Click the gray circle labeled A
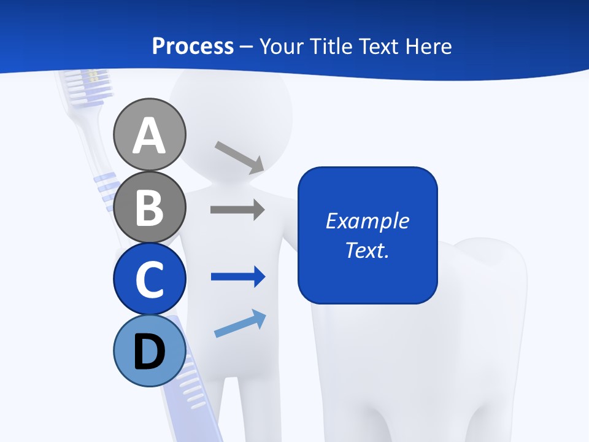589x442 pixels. click(149, 134)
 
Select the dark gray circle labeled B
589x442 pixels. click(149, 207)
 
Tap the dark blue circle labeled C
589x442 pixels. click(149, 279)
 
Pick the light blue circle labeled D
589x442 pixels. click(149, 351)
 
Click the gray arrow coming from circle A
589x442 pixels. click(239, 157)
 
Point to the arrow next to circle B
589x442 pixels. click(237, 210)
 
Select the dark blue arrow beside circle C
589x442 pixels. click(238, 277)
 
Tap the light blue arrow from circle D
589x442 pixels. click(241, 324)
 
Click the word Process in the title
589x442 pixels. click(193, 46)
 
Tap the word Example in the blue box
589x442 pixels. click(367, 221)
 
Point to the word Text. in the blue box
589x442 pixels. click(367, 250)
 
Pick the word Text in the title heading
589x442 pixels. click(377, 46)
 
